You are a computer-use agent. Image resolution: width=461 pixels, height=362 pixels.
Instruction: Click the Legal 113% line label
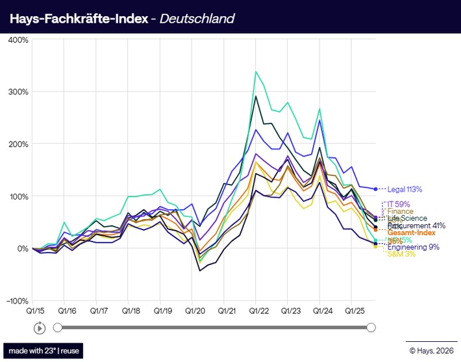405,190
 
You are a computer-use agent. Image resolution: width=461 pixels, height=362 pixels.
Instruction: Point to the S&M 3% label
401,254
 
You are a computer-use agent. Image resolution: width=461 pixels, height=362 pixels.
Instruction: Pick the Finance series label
401,211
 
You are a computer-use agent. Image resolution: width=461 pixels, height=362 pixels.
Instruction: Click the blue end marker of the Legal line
375,189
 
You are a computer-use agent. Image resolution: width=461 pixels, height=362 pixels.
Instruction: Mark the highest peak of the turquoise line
256,71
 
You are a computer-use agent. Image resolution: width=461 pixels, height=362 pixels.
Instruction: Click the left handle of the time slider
58,328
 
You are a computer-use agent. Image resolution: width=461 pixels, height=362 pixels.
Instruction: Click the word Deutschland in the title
201,18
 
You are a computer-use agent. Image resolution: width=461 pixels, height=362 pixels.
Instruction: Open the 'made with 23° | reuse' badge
44,350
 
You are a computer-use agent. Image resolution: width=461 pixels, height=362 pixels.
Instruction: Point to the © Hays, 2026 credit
432,351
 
